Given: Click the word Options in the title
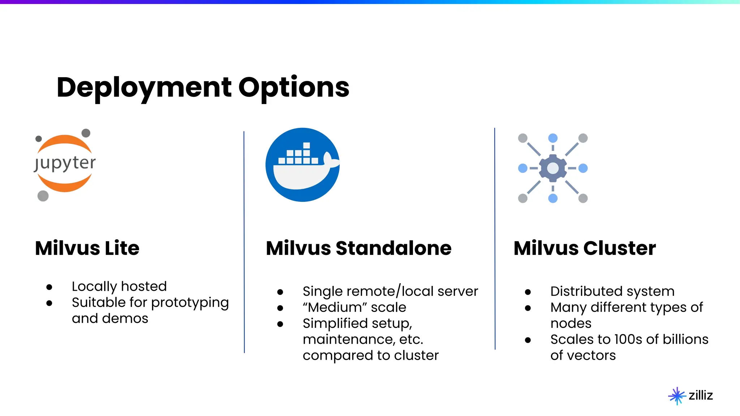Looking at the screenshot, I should click(294, 88).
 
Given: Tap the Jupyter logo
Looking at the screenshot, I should click(65, 164).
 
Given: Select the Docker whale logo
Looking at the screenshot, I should click(302, 165).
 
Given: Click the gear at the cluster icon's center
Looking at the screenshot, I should click(552, 168).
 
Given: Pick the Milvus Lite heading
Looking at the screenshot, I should click(87, 248).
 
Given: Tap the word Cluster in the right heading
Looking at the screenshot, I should click(619, 248).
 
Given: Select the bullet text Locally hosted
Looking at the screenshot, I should click(119, 286).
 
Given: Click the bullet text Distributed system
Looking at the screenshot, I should click(612, 291).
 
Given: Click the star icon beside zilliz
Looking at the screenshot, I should click(677, 396).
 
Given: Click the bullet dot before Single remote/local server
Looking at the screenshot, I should click(280, 292).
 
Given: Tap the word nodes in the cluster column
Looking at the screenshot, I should click(571, 323).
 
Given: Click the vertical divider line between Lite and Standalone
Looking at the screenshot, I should click(244, 242).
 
